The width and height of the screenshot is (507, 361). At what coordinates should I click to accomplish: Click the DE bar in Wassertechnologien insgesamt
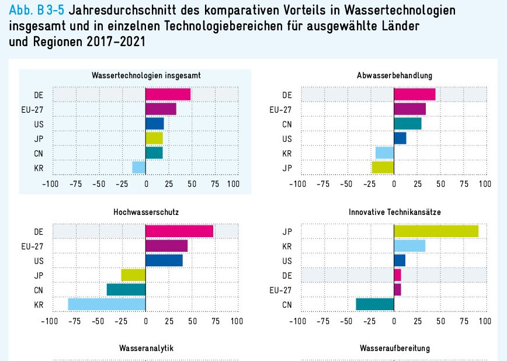168,95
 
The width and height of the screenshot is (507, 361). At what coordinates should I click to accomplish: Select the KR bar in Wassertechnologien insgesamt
139,167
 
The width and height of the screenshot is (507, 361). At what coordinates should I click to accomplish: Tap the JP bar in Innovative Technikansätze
436,231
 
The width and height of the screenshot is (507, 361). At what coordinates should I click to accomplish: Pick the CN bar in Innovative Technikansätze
375,304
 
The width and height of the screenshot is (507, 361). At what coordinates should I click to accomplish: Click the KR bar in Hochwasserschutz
107,304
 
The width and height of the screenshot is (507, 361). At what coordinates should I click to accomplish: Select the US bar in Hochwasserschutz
164,261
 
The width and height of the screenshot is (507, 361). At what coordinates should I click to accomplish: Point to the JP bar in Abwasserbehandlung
383,167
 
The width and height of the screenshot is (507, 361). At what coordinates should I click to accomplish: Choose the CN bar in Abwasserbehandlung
408,123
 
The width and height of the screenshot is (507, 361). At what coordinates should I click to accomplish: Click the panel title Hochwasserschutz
146,213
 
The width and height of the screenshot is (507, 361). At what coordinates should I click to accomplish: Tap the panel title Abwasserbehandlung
394,75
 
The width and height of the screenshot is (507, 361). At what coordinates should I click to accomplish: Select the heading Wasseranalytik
146,348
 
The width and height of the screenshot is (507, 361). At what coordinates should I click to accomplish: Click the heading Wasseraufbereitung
394,348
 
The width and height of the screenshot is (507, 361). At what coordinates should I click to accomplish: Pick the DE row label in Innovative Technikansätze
287,275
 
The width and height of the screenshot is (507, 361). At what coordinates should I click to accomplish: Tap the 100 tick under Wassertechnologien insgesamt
232,184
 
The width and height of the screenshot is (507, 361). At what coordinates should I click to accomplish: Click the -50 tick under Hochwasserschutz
99,321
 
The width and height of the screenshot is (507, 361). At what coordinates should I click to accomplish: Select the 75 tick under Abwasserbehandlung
464,184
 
